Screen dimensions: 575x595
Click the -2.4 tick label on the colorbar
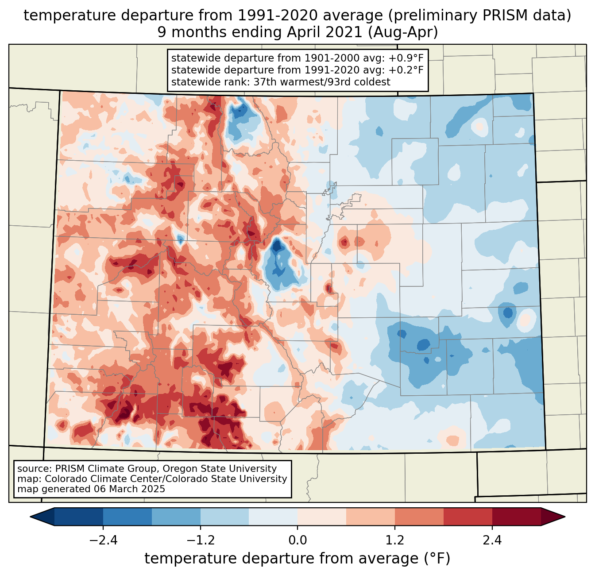point(103,540)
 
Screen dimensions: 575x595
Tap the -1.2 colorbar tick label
point(200,540)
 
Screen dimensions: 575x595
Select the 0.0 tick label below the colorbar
point(297,540)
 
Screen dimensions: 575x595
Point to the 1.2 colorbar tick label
point(395,540)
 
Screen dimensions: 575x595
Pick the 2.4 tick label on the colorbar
point(492,540)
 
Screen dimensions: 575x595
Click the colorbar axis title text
point(297,559)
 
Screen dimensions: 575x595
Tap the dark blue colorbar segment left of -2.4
point(79,517)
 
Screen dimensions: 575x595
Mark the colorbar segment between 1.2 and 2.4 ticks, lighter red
point(419,517)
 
